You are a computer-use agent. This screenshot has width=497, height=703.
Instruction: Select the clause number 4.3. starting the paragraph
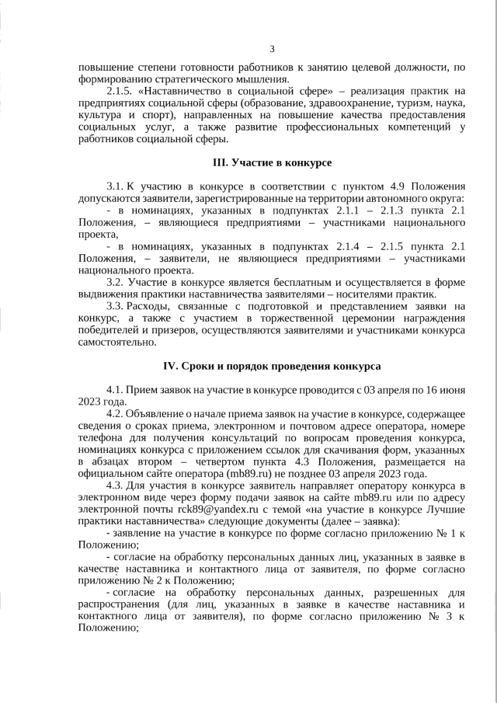(115, 485)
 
